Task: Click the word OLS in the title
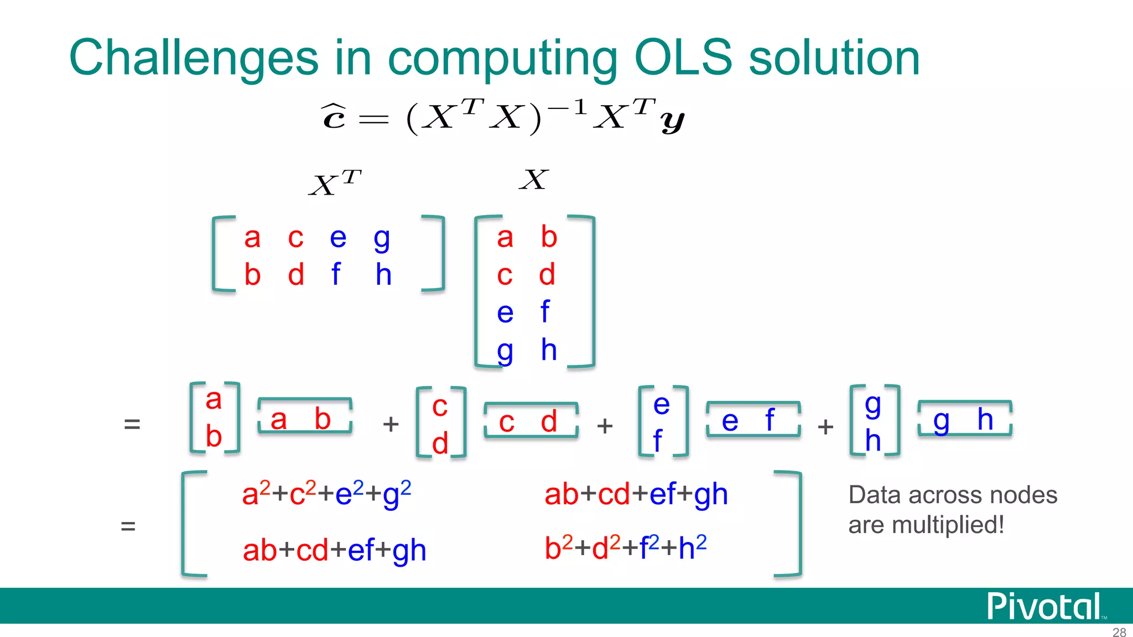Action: (683, 58)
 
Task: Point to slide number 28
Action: (1119, 632)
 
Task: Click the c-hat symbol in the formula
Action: (334, 116)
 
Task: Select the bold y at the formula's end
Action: (672, 120)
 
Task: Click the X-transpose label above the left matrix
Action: (335, 183)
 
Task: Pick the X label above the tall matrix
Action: (534, 180)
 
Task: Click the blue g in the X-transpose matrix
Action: (382, 239)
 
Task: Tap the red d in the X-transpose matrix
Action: (296, 275)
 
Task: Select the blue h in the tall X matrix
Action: (548, 349)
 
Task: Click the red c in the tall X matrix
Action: (504, 275)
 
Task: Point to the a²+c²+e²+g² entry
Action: (326, 493)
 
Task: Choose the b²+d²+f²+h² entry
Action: (625, 547)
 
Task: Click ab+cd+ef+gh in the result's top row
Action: (636, 494)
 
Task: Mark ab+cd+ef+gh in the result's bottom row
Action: (334, 550)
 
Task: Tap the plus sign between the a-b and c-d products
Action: (391, 424)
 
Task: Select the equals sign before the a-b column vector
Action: (132, 424)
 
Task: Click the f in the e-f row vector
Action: (769, 420)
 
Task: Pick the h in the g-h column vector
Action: (873, 441)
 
